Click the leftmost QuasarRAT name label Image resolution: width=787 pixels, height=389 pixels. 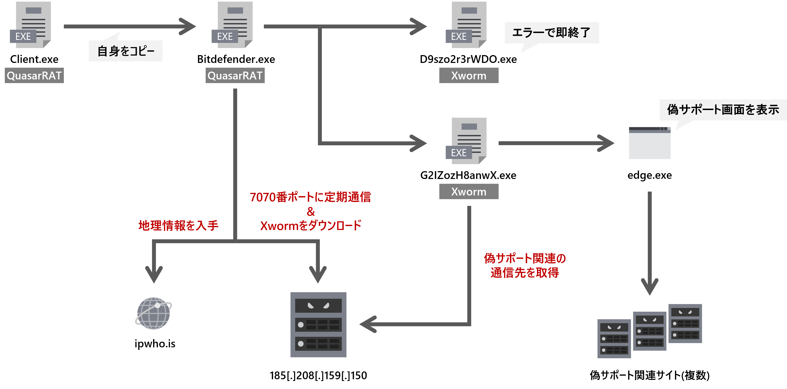coord(34,76)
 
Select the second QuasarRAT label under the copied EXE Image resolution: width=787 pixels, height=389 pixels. coord(235,76)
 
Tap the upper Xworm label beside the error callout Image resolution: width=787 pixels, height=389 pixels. coord(469,76)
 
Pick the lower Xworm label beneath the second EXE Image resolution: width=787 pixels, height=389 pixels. coord(469,191)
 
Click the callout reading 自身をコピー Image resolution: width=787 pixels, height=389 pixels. coord(126,51)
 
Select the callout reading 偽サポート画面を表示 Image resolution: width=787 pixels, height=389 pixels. coord(723,110)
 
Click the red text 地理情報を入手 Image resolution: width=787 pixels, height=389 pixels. coord(179,226)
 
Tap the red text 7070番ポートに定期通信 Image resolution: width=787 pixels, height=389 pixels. coord(310,197)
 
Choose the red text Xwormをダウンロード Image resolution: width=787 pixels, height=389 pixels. coord(310,226)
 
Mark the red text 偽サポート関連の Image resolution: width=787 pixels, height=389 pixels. coord(525,258)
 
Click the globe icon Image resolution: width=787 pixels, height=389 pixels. coord(154,313)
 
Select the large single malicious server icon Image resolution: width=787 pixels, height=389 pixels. coord(318,325)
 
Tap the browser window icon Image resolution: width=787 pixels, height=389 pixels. coord(650,143)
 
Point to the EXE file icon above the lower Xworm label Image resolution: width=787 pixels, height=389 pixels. coord(466,141)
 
